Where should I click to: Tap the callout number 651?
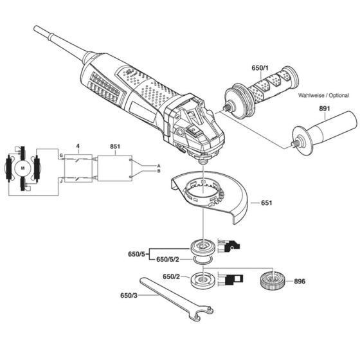click(x=269, y=204)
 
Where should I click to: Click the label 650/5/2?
click(x=169, y=260)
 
